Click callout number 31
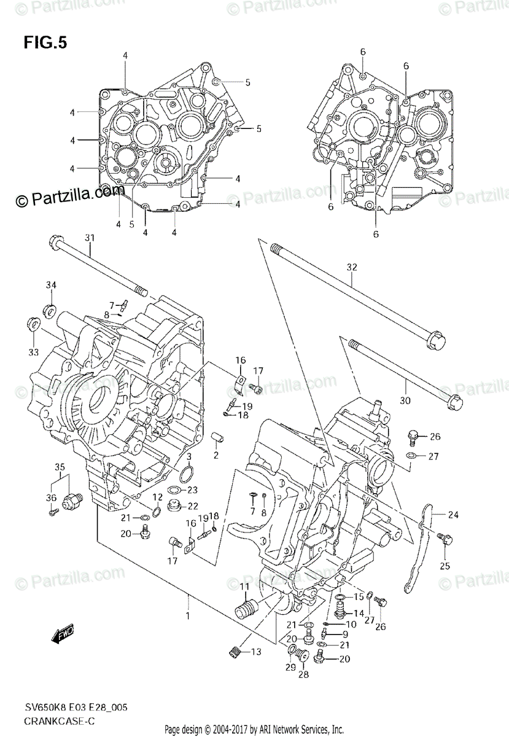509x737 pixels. pos(90,238)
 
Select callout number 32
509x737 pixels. pos(351,267)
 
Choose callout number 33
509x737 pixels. pos(33,351)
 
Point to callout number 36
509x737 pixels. pos(51,497)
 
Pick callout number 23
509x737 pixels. pos(192,489)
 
